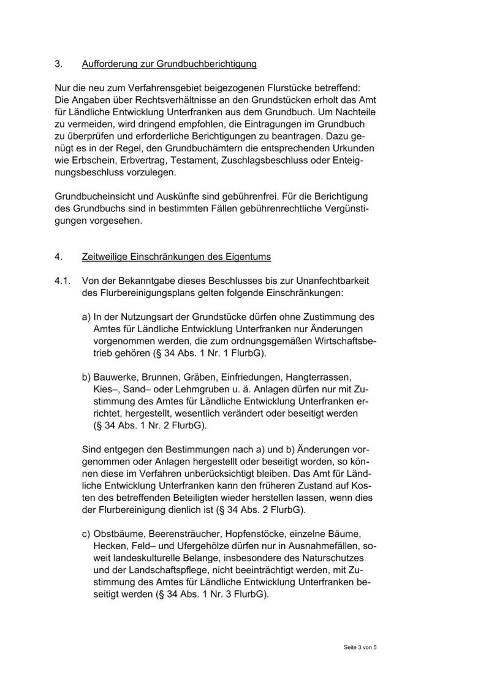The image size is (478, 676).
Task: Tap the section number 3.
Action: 59,64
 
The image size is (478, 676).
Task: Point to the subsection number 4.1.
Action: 63,281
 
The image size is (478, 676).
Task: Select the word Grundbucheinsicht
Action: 96,197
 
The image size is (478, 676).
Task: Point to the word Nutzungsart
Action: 137,317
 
